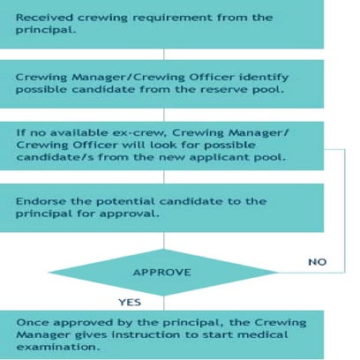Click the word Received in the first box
coord(42,17)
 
